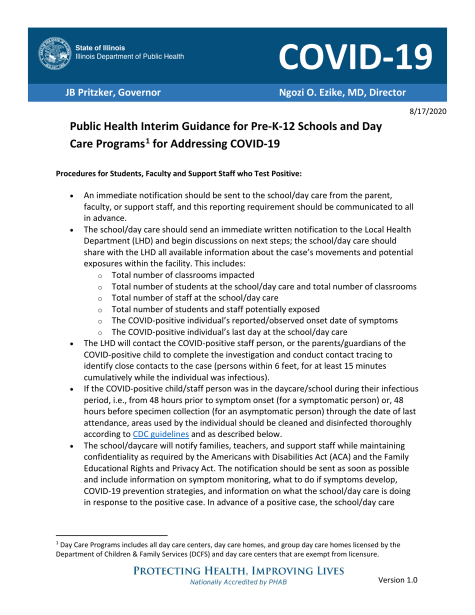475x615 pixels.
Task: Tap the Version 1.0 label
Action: pos(398,580)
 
